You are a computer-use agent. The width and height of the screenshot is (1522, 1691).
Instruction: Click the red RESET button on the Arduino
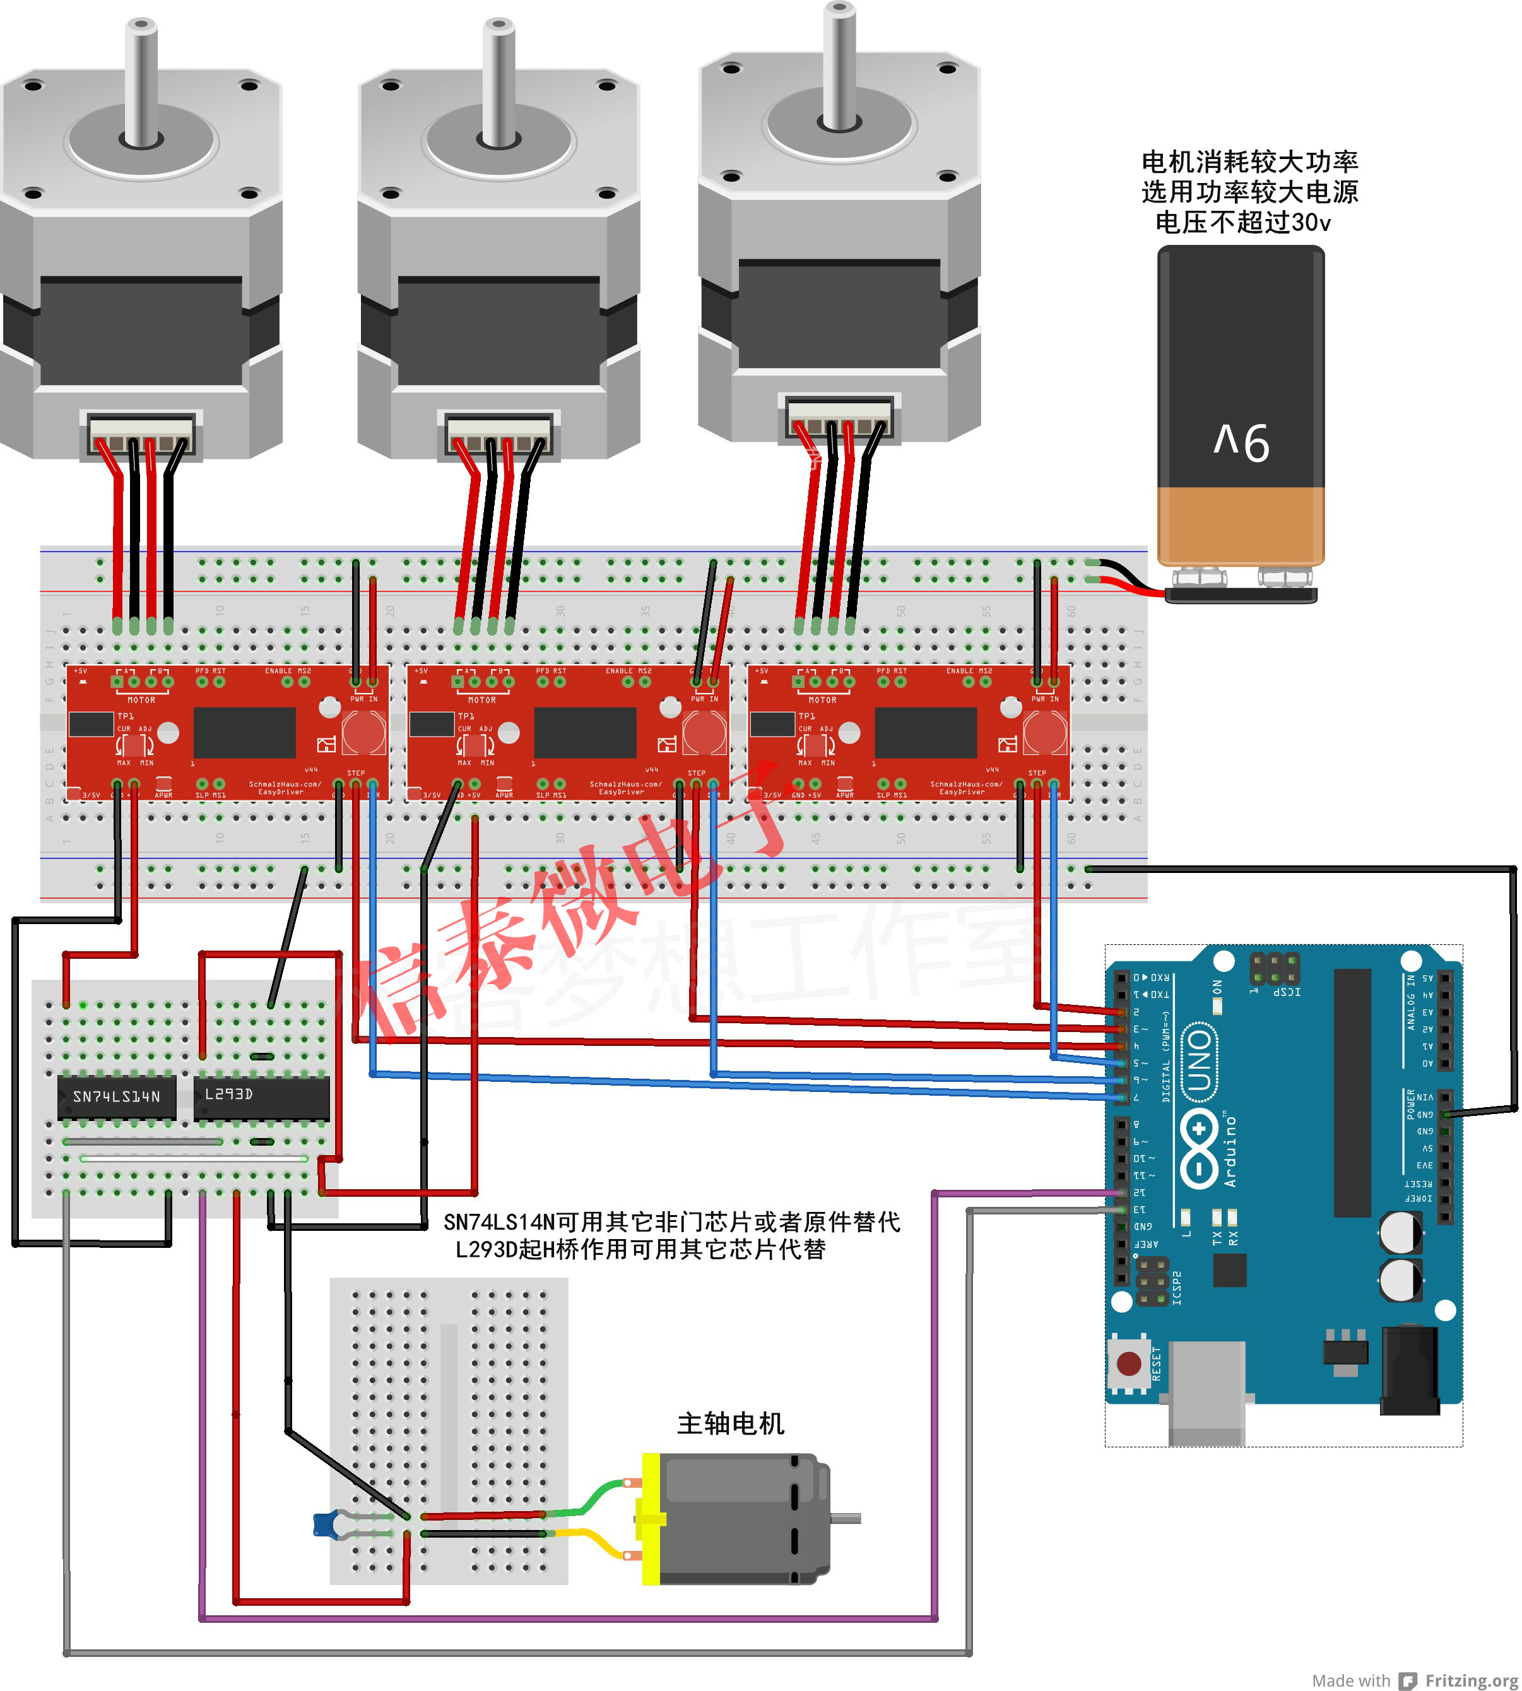1129,1364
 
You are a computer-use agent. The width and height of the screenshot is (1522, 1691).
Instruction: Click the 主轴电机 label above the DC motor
730,1423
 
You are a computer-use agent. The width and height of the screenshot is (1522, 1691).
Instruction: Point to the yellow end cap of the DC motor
651,1519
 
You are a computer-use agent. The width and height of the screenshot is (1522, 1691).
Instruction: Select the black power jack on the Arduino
1409,1372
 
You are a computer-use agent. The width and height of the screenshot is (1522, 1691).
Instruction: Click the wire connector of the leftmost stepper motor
141,434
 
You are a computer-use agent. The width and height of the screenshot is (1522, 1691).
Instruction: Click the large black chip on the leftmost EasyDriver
244,733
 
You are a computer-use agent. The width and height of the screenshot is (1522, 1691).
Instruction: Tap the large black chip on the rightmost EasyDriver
925,733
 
